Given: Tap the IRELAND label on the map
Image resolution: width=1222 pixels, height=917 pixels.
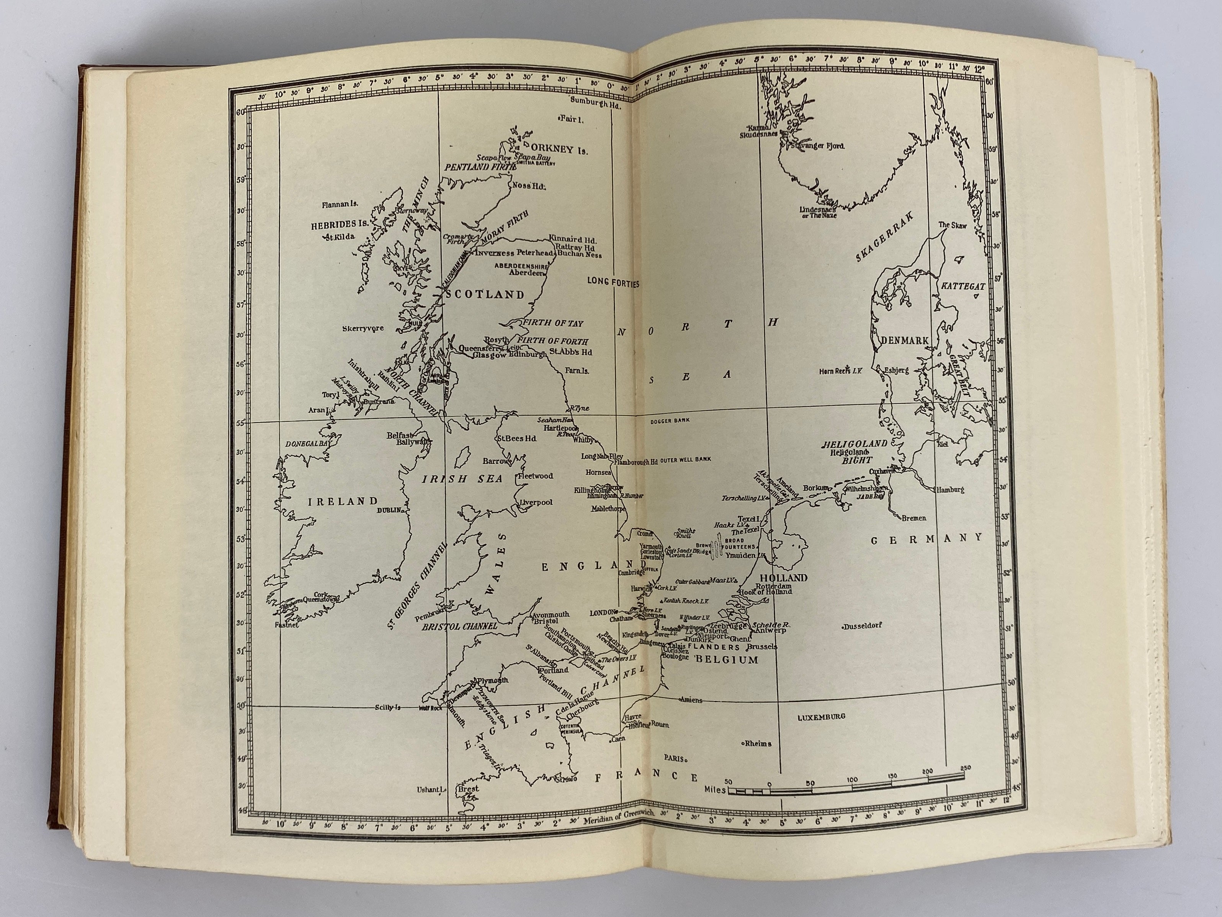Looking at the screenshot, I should coord(343,501).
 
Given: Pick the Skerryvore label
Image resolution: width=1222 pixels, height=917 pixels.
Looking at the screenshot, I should coord(363,328).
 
